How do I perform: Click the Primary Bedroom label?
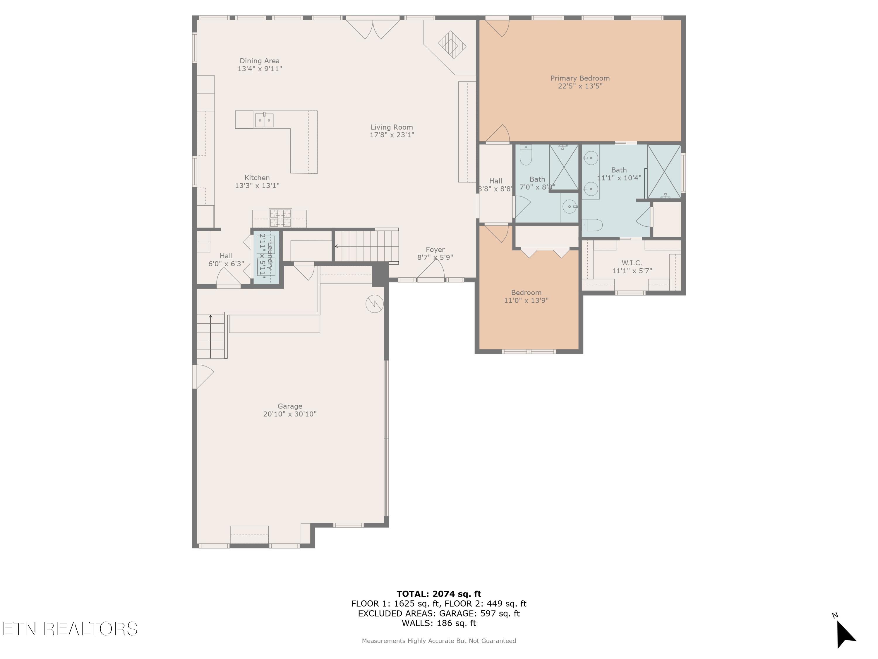click(579, 78)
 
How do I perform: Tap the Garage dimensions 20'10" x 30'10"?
click(290, 414)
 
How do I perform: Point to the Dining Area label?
click(260, 61)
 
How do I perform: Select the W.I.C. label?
click(632, 263)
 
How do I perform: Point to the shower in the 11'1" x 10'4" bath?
click(664, 172)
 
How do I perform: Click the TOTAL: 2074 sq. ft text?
click(439, 594)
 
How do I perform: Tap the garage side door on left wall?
click(203, 376)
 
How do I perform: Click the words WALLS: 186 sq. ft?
click(439, 623)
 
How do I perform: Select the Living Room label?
click(391, 127)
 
